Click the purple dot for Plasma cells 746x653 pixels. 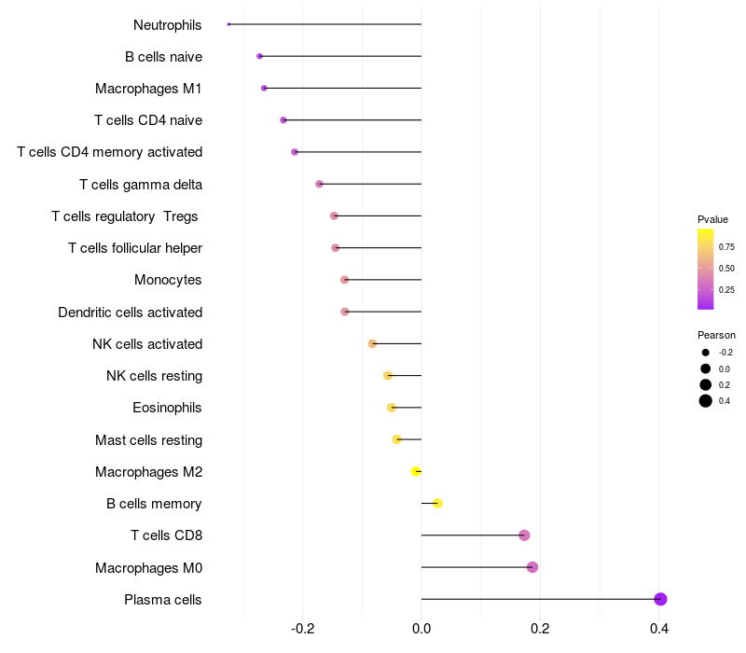tap(660, 599)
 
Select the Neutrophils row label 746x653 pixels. tap(168, 25)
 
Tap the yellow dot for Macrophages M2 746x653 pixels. tap(416, 472)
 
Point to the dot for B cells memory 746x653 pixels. tap(437, 504)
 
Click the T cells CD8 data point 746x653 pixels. tap(524, 535)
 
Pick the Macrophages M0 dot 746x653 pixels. tap(532, 567)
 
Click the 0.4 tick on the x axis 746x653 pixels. tap(659, 629)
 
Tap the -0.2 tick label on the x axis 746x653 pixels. tap(302, 629)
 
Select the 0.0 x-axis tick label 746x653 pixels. tap(421, 629)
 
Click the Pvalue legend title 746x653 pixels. tap(712, 219)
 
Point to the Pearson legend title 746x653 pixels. tap(716, 335)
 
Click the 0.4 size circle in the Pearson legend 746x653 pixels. tap(706, 401)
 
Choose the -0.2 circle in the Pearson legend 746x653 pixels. tap(706, 353)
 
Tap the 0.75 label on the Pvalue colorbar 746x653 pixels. tap(726, 247)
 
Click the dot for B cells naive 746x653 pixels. tap(259, 57)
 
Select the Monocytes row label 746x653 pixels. tap(168, 280)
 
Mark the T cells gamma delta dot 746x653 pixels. tap(319, 185)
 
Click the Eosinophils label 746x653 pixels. tap(167, 408)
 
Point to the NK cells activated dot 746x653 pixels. tap(372, 344)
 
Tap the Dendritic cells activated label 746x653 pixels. tap(130, 312)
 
